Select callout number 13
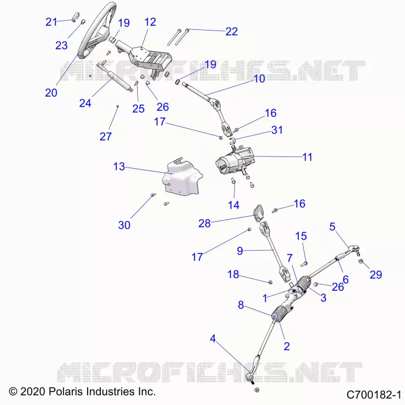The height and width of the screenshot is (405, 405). click(x=119, y=167)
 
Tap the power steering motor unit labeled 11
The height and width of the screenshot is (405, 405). click(x=235, y=161)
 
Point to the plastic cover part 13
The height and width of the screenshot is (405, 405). click(x=182, y=179)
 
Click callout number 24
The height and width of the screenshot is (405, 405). click(x=85, y=103)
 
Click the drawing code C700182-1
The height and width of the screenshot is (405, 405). click(x=374, y=395)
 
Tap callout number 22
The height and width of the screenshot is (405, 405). click(x=231, y=31)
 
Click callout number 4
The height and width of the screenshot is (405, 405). click(x=213, y=338)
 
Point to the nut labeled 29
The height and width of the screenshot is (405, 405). click(x=360, y=262)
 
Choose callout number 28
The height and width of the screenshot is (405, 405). click(x=205, y=224)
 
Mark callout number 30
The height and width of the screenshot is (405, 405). click(x=124, y=225)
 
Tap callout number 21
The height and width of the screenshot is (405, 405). click(x=51, y=22)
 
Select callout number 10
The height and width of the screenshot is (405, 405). click(x=259, y=79)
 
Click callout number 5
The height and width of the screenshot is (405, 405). click(x=332, y=227)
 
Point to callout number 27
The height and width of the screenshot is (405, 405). click(x=106, y=137)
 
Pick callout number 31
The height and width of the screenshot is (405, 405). click(x=277, y=130)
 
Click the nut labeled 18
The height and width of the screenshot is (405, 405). click(x=270, y=282)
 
